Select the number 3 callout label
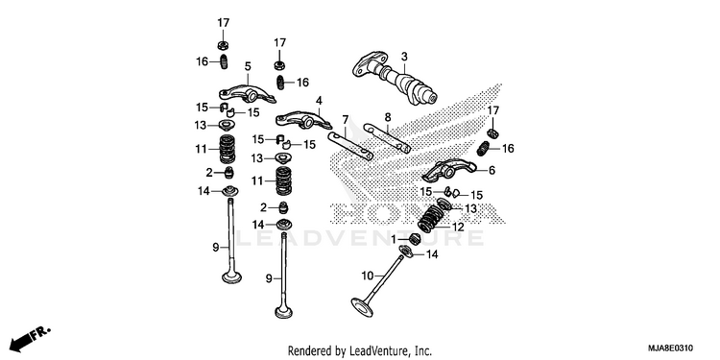pyautogui.click(x=404, y=57)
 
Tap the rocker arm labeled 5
pyautogui.click(x=247, y=94)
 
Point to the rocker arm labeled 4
pyautogui.click(x=303, y=120)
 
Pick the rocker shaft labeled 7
pyautogui.click(x=350, y=146)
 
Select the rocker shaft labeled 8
pyautogui.click(x=388, y=137)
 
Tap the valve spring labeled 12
pyautogui.click(x=431, y=219)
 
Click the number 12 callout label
pyautogui.click(x=458, y=227)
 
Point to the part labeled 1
pyautogui.click(x=414, y=239)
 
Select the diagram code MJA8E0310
pyautogui.click(x=671, y=348)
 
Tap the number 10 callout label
pyautogui.click(x=368, y=276)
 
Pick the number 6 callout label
pyautogui.click(x=492, y=171)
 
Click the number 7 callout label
pyautogui.click(x=345, y=121)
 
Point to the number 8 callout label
pyautogui.click(x=388, y=117)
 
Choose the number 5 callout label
pyautogui.click(x=248, y=66)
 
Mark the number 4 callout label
pyautogui.click(x=319, y=101)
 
